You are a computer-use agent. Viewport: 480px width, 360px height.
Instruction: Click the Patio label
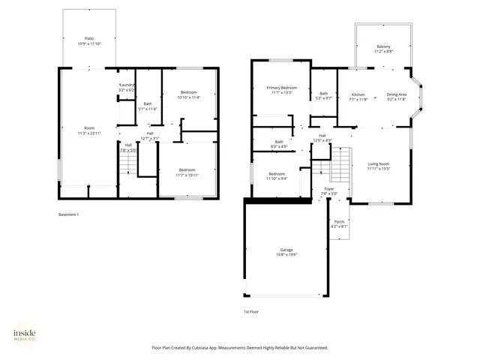pos(88,40)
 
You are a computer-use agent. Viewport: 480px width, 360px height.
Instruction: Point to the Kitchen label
pos(358,97)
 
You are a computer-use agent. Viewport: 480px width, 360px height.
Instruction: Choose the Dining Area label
pos(397,97)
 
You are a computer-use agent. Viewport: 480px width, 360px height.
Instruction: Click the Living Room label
pos(378,166)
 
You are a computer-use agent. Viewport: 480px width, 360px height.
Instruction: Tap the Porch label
pos(339,224)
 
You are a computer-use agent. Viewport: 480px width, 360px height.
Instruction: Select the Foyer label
pos(329,191)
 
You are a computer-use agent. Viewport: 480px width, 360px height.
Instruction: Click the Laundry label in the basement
pos(127,88)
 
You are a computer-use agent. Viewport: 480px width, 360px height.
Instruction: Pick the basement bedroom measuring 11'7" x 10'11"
pos(188,172)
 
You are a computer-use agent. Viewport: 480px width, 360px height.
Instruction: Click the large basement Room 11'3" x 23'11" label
pos(89,130)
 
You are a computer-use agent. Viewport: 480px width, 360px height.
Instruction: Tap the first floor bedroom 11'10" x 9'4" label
pos(277,176)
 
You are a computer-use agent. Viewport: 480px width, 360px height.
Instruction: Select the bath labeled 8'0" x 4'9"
pos(279,144)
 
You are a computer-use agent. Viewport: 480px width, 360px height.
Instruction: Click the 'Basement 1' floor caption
pos(68,214)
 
